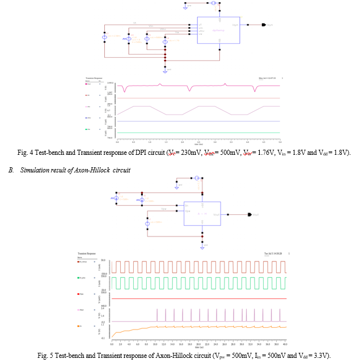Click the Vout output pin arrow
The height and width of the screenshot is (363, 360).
pyautogui.click(x=249, y=215)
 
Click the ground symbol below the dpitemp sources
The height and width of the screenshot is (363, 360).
pyautogui.click(x=165, y=71)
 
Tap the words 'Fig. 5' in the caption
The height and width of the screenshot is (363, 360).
pyautogui.click(x=44, y=354)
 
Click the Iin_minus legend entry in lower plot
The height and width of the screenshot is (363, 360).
pyautogui.click(x=83, y=262)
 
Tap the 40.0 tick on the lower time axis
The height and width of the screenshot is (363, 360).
pyautogui.click(x=285, y=345)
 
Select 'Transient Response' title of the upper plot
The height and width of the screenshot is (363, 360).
pyautogui.click(x=94, y=77)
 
